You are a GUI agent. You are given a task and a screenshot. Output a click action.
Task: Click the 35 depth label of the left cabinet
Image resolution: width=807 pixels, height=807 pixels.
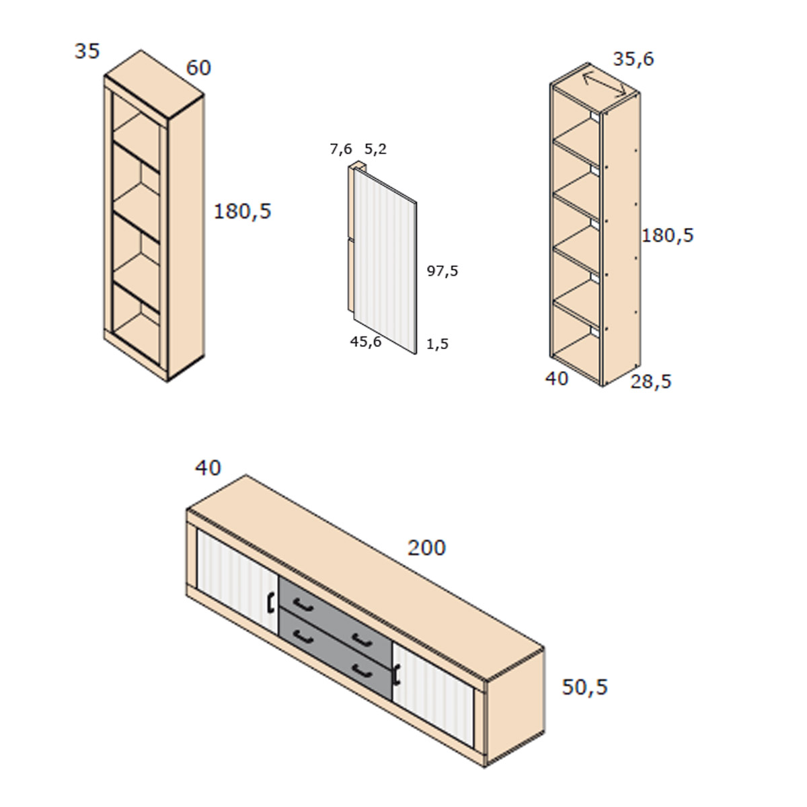coord(87,52)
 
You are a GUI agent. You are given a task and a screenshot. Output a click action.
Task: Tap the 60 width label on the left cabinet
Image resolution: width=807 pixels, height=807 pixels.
coord(198,68)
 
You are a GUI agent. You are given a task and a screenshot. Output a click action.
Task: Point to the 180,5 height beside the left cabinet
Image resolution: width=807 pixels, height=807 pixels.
coord(243,211)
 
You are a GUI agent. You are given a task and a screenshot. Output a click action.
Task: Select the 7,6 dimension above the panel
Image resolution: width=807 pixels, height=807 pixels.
coord(341,149)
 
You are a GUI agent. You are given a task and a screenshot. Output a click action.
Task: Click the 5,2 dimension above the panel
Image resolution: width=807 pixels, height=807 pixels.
coord(376,149)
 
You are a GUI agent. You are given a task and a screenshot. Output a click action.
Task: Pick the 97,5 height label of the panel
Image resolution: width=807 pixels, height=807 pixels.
coord(443,271)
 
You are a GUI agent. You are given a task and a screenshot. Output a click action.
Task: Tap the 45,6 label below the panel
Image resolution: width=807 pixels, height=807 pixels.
coord(366,342)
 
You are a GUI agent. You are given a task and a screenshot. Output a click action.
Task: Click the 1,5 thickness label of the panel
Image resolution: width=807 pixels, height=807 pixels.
coord(438,344)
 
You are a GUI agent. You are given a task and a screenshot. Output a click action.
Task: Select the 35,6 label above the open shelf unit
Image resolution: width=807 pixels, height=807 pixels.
coord(633,59)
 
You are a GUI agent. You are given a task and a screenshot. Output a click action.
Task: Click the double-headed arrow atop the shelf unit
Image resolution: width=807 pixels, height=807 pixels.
coord(605,84)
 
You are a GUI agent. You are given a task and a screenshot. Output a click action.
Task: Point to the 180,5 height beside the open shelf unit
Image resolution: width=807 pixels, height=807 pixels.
coord(668,235)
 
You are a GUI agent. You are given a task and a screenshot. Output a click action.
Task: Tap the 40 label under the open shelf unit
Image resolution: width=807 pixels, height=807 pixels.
coord(557,379)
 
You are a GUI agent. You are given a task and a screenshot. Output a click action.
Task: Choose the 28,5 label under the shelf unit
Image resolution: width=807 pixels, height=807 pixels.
coord(651,381)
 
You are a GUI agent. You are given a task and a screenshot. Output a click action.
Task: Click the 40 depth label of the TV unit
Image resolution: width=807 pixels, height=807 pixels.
coord(208,468)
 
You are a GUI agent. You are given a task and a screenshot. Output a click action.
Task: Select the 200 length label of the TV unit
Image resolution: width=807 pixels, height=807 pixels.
coord(427,548)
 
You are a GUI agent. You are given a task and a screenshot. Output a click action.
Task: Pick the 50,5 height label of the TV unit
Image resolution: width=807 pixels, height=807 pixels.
coord(584,687)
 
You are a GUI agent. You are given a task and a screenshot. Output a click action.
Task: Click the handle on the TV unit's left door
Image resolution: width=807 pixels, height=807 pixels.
coord(270,602)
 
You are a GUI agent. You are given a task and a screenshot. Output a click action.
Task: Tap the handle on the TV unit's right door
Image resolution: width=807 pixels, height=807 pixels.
coord(395,675)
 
